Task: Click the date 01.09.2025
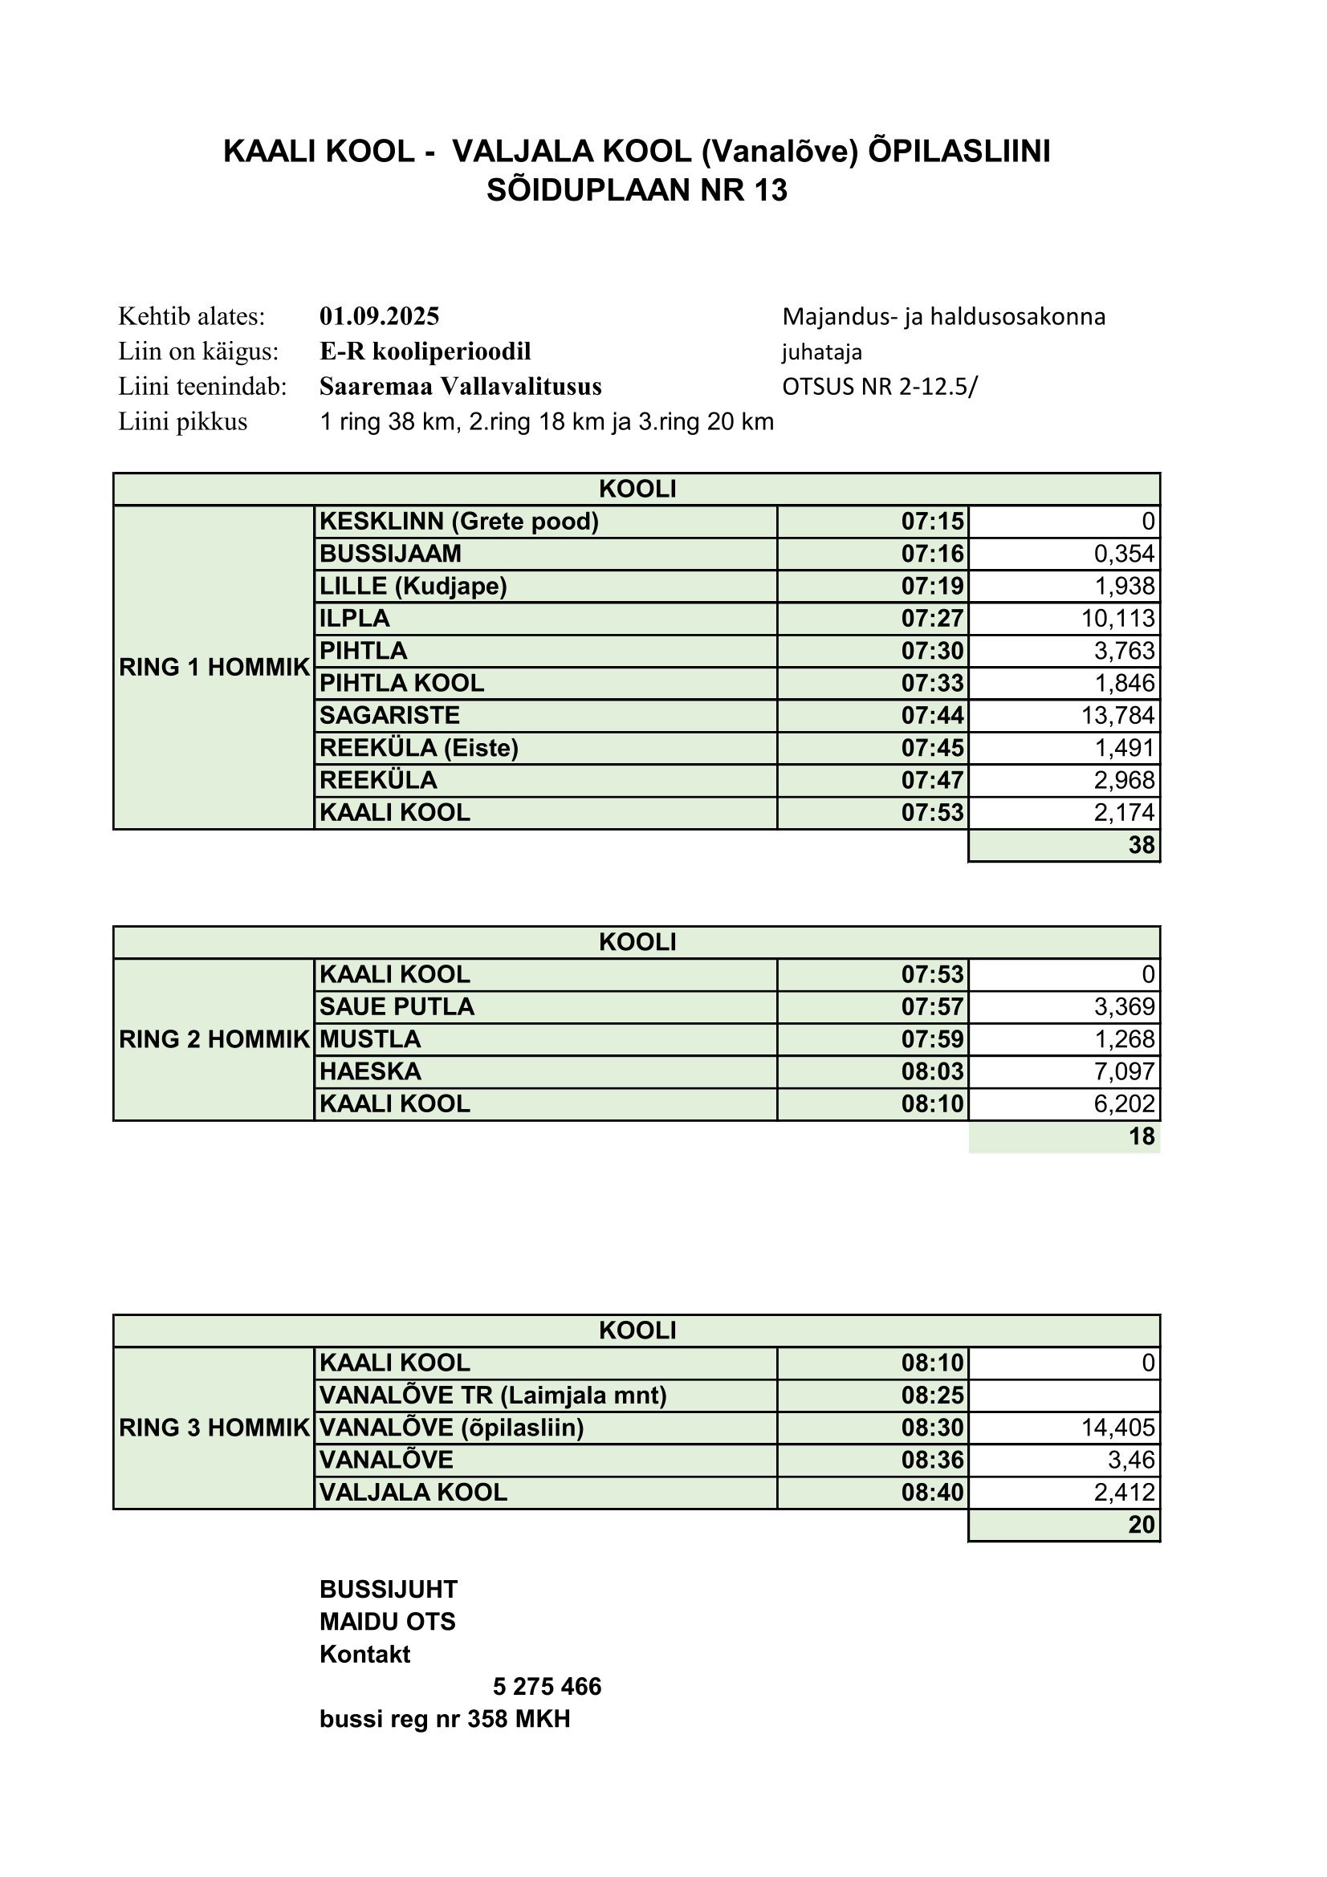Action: pyautogui.click(x=380, y=316)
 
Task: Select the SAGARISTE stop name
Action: pyautogui.click(x=389, y=716)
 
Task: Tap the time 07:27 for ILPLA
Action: pyautogui.click(x=932, y=619)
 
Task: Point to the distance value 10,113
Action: pyautogui.click(x=1117, y=619)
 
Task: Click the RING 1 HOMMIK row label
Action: pyautogui.click(x=214, y=667)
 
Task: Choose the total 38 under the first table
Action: pyautogui.click(x=1141, y=845)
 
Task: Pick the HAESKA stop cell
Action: pyautogui.click(x=370, y=1072)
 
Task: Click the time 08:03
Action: pyautogui.click(x=932, y=1072)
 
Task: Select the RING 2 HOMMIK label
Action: pyautogui.click(x=214, y=1040)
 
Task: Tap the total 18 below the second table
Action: pyautogui.click(x=1141, y=1136)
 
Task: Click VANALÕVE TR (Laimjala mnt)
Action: pyautogui.click(x=493, y=1396)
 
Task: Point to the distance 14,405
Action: pyautogui.click(x=1117, y=1428)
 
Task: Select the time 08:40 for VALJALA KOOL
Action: pyautogui.click(x=932, y=1493)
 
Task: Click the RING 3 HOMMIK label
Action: pyautogui.click(x=214, y=1428)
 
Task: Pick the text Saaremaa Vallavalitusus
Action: pyautogui.click(x=460, y=387)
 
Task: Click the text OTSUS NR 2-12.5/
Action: pyautogui.click(x=879, y=387)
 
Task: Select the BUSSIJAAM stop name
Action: pyautogui.click(x=390, y=555)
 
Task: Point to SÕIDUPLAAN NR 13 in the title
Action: pyautogui.click(x=637, y=190)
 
